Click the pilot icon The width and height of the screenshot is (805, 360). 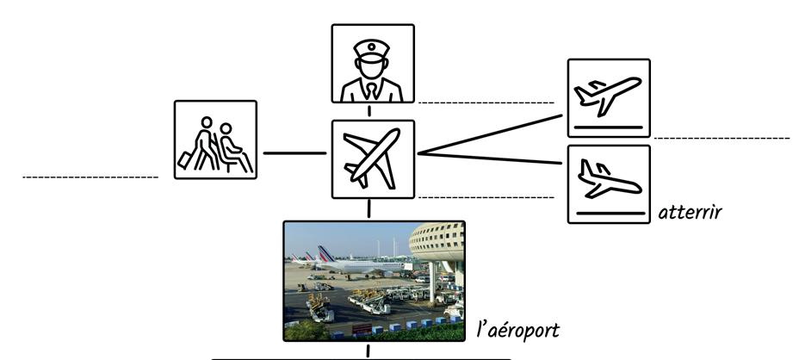[x=372, y=64]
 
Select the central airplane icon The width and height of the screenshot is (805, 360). [x=372, y=159]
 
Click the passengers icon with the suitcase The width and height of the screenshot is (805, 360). [x=215, y=140]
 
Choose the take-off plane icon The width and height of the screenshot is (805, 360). [x=609, y=97]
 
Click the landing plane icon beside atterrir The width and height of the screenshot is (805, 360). [x=609, y=183]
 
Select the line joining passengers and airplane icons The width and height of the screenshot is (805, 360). [x=294, y=153]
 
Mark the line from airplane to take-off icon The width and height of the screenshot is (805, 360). [x=491, y=133]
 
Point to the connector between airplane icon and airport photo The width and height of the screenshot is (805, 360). [x=369, y=209]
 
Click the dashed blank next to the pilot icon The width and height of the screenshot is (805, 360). [x=486, y=102]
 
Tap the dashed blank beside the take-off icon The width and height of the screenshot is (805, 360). [x=721, y=138]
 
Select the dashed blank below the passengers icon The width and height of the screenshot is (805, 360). [x=90, y=177]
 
